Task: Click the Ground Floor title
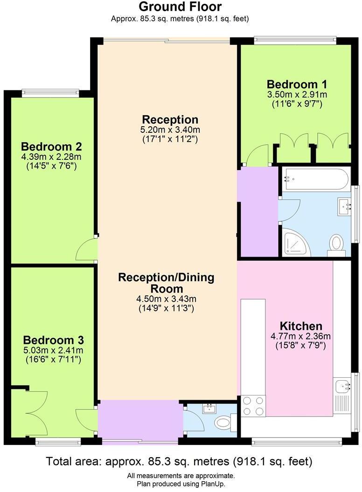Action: pyautogui.click(x=180, y=7)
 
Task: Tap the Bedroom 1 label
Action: pyautogui.click(x=297, y=84)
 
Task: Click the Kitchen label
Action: pyautogui.click(x=300, y=326)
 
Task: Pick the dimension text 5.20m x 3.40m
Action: pyautogui.click(x=170, y=130)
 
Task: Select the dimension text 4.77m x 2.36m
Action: pyautogui.click(x=300, y=336)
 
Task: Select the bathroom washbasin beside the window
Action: pyautogui.click(x=345, y=205)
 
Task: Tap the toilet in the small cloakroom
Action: pyautogui.click(x=224, y=423)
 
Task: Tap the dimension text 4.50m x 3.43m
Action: pyautogui.click(x=167, y=299)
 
